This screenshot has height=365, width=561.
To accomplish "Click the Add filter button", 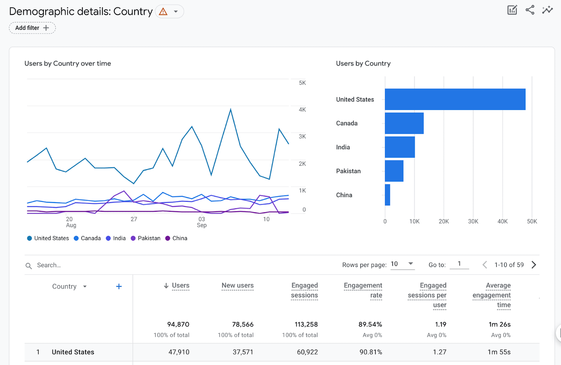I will tap(32, 28).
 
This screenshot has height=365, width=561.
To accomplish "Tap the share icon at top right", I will tap(530, 10).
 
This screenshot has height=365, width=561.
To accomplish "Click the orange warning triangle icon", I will tap(163, 12).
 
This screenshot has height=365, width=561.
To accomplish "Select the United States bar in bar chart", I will tap(455, 99).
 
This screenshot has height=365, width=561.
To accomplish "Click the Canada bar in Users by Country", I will tap(404, 123).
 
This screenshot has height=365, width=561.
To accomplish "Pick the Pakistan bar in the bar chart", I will tap(394, 171).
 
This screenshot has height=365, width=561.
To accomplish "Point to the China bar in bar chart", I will tap(387, 195).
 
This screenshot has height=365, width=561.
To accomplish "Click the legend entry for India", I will tap(116, 238).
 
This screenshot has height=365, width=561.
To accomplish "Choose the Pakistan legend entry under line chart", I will tap(146, 238).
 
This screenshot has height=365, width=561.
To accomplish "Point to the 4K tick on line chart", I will tap(302, 110).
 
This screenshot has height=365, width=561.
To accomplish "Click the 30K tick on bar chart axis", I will tap(473, 221).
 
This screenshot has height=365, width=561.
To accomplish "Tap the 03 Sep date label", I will tap(202, 222).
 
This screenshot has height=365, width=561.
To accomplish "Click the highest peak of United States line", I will tap(231, 109).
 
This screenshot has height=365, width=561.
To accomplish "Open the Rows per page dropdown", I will tap(402, 264).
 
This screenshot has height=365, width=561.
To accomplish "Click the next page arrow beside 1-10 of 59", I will tap(534, 265).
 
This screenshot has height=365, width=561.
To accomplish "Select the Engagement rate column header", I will tap(363, 290).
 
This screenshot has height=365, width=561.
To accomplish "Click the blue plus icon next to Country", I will tap(119, 286).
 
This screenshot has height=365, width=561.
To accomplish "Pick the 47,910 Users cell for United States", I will tap(178, 352).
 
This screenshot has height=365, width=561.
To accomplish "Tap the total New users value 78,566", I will tap(242, 324).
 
